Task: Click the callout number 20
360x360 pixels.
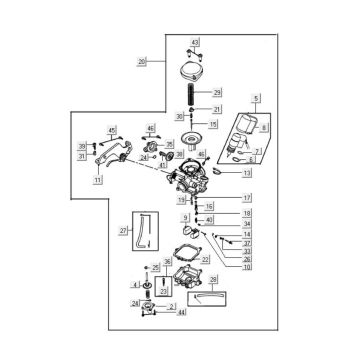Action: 142,62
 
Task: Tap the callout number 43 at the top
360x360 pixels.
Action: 195,41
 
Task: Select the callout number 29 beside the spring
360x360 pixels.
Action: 217,92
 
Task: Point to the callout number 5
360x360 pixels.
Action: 256,97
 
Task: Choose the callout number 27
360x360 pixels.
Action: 125,231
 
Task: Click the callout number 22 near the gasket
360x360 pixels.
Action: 205,259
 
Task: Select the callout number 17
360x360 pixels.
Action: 246,197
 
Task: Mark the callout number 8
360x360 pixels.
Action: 264,129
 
